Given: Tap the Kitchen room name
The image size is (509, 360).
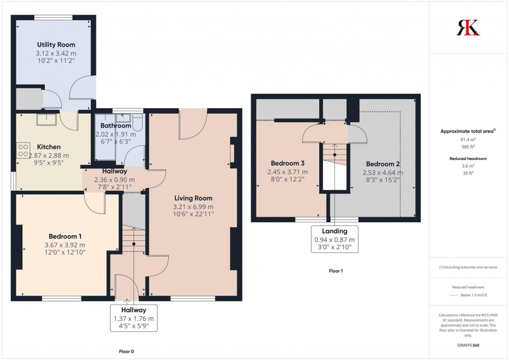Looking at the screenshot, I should coord(48,147).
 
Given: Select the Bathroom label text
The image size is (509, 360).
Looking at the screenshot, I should coord(116,126).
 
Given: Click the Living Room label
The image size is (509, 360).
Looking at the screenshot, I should coord(193,198).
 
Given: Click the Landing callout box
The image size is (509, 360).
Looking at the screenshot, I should coord(334,239).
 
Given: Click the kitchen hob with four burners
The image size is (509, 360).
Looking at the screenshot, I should coord(23,151).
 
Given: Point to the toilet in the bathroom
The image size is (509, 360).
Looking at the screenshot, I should coord(137,123).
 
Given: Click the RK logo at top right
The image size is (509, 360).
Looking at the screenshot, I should coord(468,28).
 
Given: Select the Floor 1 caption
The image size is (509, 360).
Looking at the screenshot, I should coord(336,271).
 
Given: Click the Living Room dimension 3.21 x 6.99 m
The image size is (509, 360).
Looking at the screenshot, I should coord(194,207).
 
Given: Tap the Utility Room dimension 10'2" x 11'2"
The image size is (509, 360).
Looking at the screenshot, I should coord(56,61).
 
